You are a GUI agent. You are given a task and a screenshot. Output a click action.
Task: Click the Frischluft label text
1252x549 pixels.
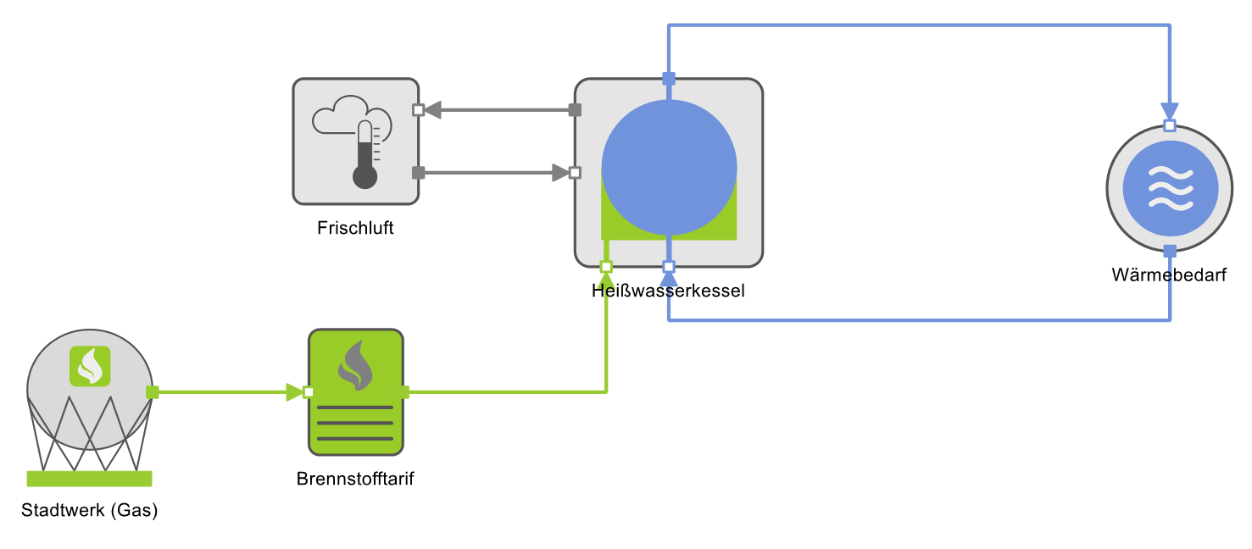click(355, 228)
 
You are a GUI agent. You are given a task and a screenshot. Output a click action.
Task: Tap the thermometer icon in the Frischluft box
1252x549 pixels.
click(365, 155)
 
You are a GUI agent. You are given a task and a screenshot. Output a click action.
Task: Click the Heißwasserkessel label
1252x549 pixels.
click(668, 291)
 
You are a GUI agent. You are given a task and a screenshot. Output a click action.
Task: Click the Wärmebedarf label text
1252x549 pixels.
click(1169, 275)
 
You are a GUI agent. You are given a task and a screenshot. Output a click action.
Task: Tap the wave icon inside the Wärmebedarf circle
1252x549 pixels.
click(1170, 188)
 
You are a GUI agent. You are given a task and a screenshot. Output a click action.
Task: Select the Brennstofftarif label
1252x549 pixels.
click(355, 479)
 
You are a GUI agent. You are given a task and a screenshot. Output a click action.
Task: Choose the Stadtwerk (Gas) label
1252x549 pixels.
click(90, 511)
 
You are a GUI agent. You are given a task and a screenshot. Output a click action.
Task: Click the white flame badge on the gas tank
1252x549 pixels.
click(90, 366)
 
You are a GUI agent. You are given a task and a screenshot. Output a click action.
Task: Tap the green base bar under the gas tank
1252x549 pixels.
click(89, 479)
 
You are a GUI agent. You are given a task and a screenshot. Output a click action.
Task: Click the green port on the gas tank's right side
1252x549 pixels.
click(153, 392)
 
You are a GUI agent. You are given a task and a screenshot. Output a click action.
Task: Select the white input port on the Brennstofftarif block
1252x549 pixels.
click(309, 392)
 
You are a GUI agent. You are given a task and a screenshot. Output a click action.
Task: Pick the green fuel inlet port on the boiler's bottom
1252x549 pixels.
click(606, 267)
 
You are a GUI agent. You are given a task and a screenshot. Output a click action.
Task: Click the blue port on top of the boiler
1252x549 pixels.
click(669, 79)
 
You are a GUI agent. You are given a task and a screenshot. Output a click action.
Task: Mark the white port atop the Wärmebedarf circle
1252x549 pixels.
click(1170, 126)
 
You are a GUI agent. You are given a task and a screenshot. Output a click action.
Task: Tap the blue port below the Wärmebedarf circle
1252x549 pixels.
click(1170, 251)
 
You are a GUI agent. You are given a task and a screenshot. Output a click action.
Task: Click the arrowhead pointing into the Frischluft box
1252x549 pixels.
click(433, 110)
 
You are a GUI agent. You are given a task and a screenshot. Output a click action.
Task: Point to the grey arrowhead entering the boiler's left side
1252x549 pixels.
click(560, 173)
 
